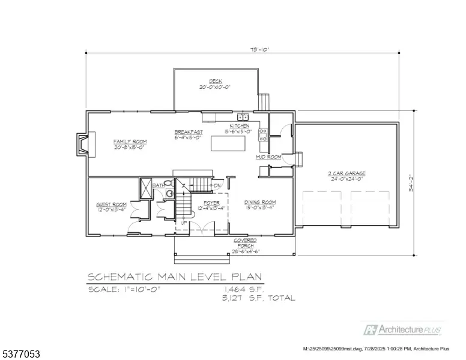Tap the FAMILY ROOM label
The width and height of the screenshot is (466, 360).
(x=130, y=142)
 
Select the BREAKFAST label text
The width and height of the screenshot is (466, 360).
(x=189, y=132)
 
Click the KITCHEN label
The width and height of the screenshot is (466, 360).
(x=238, y=126)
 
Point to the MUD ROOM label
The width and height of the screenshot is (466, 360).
(x=268, y=157)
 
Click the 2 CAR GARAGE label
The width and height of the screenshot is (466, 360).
(x=346, y=174)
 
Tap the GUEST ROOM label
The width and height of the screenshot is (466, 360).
(x=111, y=205)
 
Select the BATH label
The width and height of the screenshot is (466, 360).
(x=157, y=186)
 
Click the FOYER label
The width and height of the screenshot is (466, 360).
(x=211, y=203)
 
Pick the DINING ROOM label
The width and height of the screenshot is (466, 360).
(x=259, y=203)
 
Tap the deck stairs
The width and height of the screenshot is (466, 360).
(x=264, y=101)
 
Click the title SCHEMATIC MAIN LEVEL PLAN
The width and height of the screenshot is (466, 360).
(x=175, y=277)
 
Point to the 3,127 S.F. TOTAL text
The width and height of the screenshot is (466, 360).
(x=259, y=298)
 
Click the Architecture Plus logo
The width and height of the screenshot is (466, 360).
(x=403, y=329)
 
